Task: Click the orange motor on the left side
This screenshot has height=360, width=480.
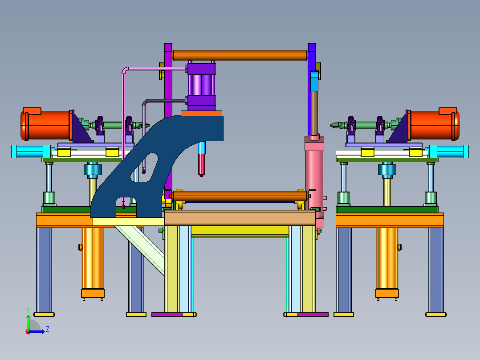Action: tap(46, 124)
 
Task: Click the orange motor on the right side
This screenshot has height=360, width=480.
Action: tap(434, 124)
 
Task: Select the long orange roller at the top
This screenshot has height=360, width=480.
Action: tap(240, 55)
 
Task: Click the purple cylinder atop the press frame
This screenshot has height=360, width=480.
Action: tap(201, 86)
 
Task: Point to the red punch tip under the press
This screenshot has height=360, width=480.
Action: tap(201, 165)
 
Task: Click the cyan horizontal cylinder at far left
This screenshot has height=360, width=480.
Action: tap(31, 151)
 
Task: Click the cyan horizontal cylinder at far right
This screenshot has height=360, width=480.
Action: tap(449, 151)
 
